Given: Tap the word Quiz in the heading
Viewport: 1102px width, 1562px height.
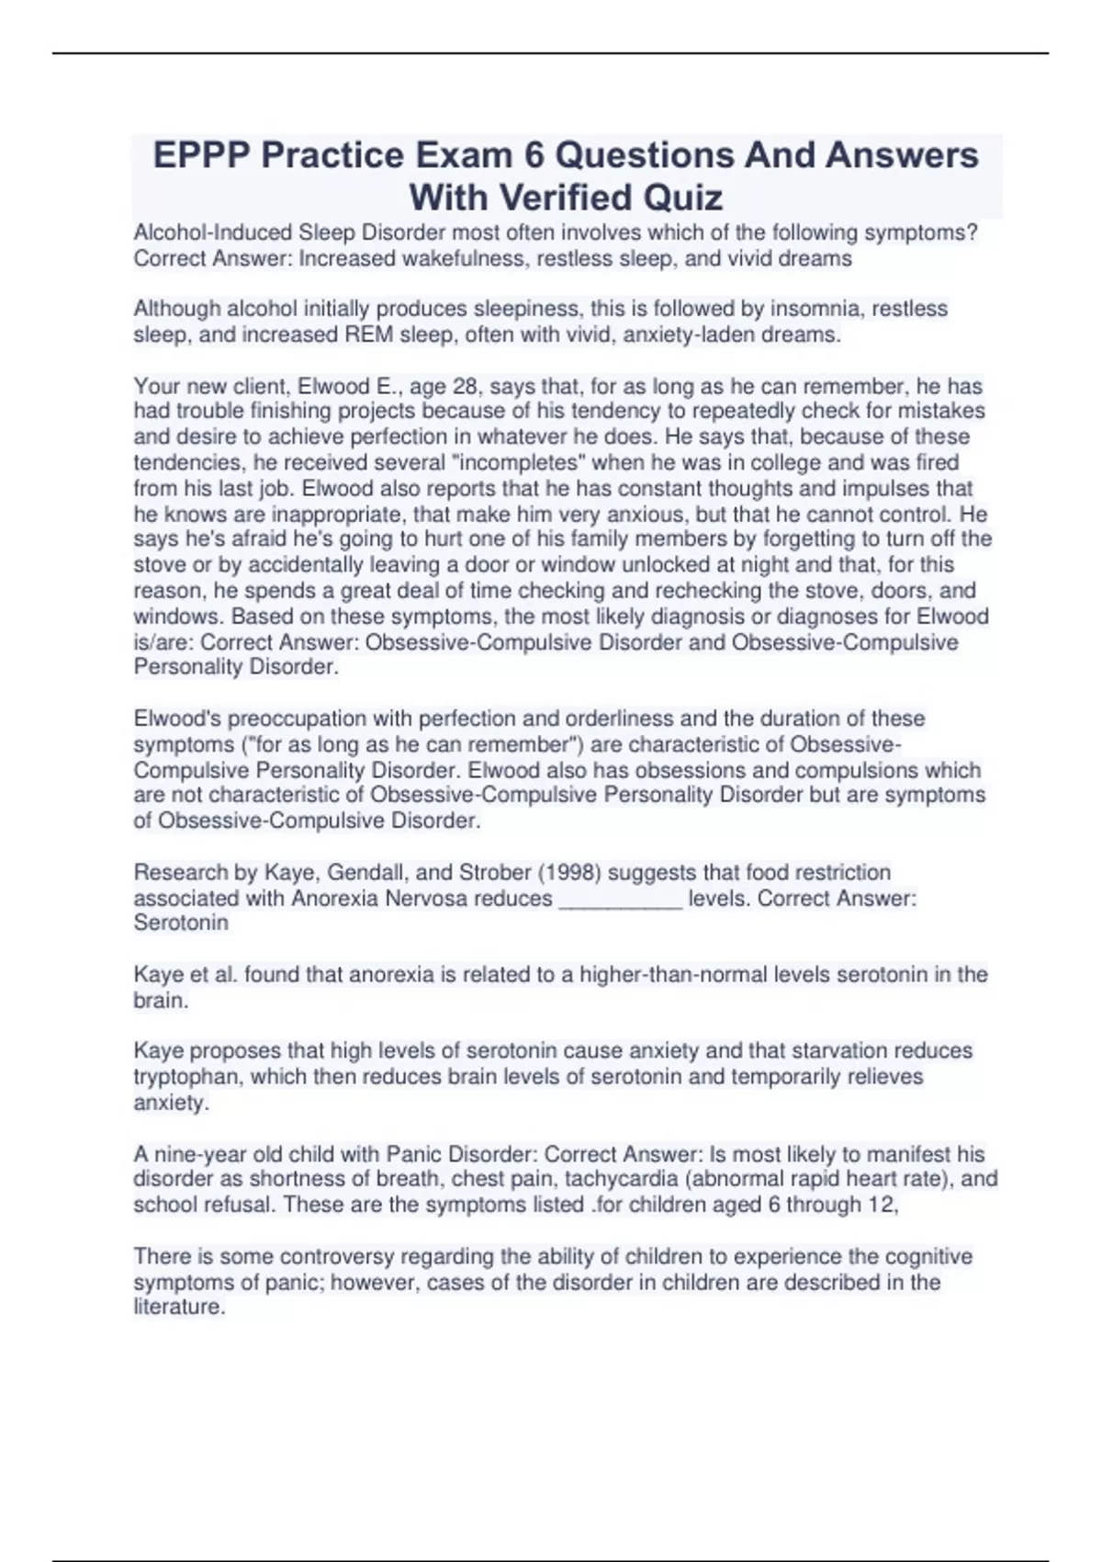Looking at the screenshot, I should (x=681, y=198).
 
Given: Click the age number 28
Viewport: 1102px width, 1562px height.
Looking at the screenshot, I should (x=467, y=386).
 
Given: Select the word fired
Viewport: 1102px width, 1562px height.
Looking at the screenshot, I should (x=938, y=462).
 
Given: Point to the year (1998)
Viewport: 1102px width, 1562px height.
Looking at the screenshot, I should (x=569, y=872).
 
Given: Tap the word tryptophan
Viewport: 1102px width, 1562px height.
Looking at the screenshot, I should (x=187, y=1076).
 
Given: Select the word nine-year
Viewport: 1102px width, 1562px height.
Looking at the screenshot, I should (x=198, y=1154).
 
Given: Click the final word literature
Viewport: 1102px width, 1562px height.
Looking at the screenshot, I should (x=179, y=1307).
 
